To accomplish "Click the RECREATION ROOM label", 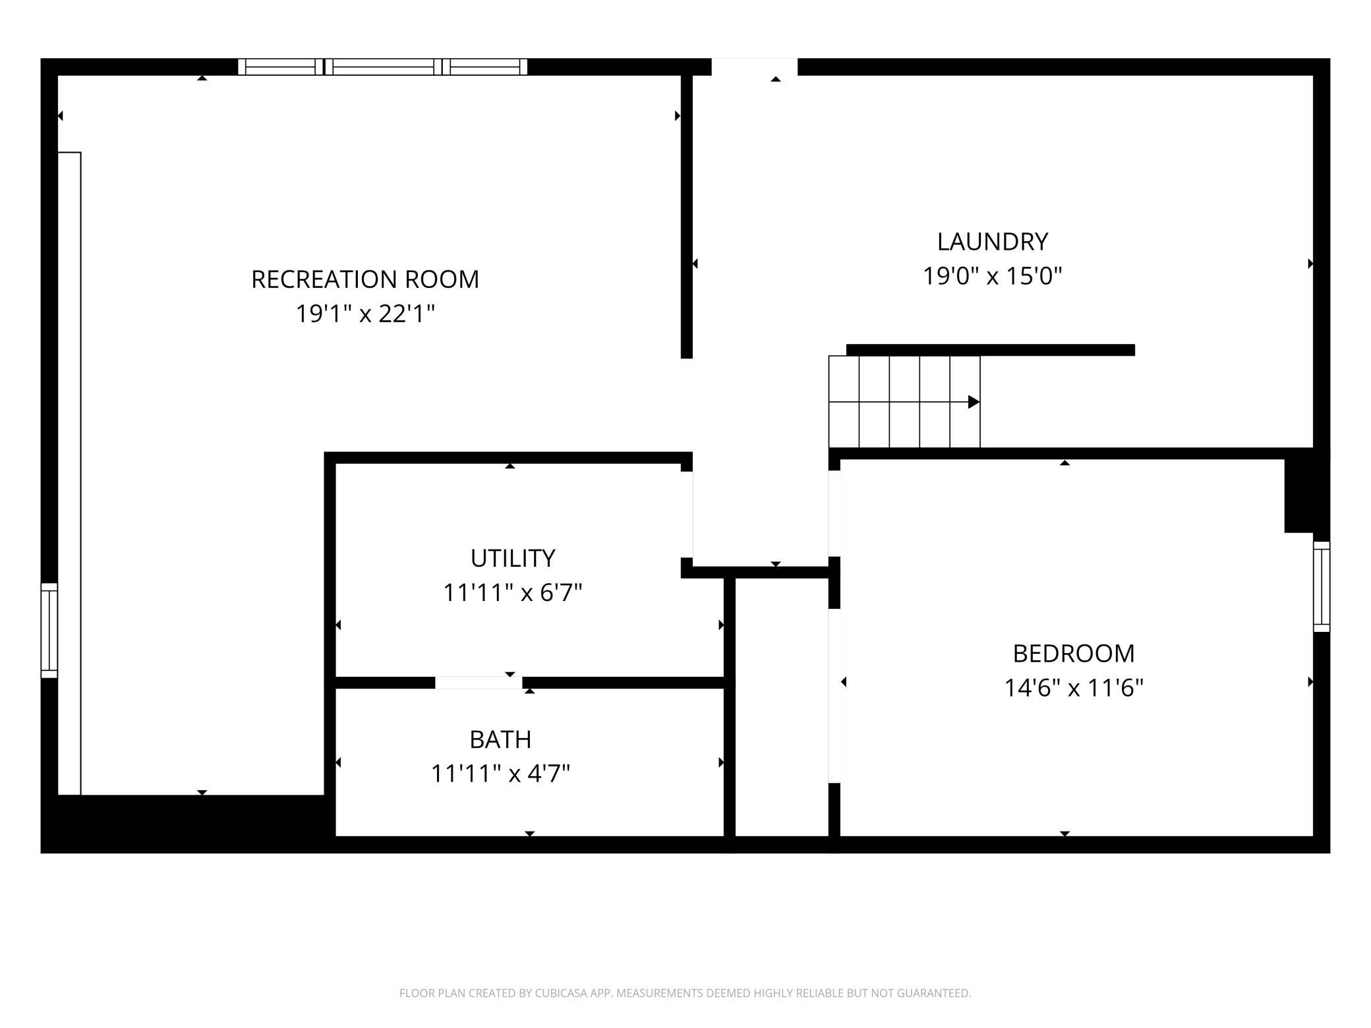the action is [x=365, y=279].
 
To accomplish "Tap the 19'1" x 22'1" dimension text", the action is [x=365, y=314].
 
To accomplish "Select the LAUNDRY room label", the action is [x=993, y=242].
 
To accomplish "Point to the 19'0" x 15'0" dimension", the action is [x=993, y=276].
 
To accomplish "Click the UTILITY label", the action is [x=513, y=558].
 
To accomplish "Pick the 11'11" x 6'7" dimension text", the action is [x=513, y=592].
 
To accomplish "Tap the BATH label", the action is [x=500, y=739].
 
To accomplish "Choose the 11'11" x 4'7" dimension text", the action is [x=500, y=773].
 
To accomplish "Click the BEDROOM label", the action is [x=1074, y=654].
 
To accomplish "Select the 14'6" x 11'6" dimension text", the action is [x=1074, y=688].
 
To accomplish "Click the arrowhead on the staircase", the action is [x=974, y=402].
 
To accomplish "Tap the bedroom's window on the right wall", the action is [x=1322, y=586].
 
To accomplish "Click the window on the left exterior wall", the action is [x=49, y=630].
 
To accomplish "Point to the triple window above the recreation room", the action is [x=382, y=67].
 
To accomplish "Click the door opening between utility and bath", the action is [x=479, y=683].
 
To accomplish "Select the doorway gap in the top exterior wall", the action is [x=754, y=67].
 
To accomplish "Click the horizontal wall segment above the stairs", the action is [x=991, y=350].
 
